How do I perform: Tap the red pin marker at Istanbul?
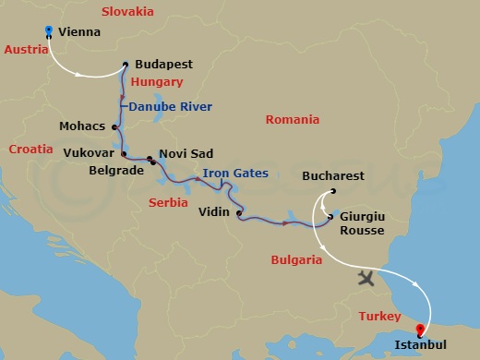pos(421,329)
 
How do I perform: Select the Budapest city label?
pos(163,66)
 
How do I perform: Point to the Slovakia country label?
pos(126,12)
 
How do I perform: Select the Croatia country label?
pos(31,148)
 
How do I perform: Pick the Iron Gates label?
pos(237,173)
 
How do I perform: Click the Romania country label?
pos(292,120)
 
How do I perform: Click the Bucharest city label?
pos(333,175)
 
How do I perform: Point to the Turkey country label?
pos(379,316)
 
